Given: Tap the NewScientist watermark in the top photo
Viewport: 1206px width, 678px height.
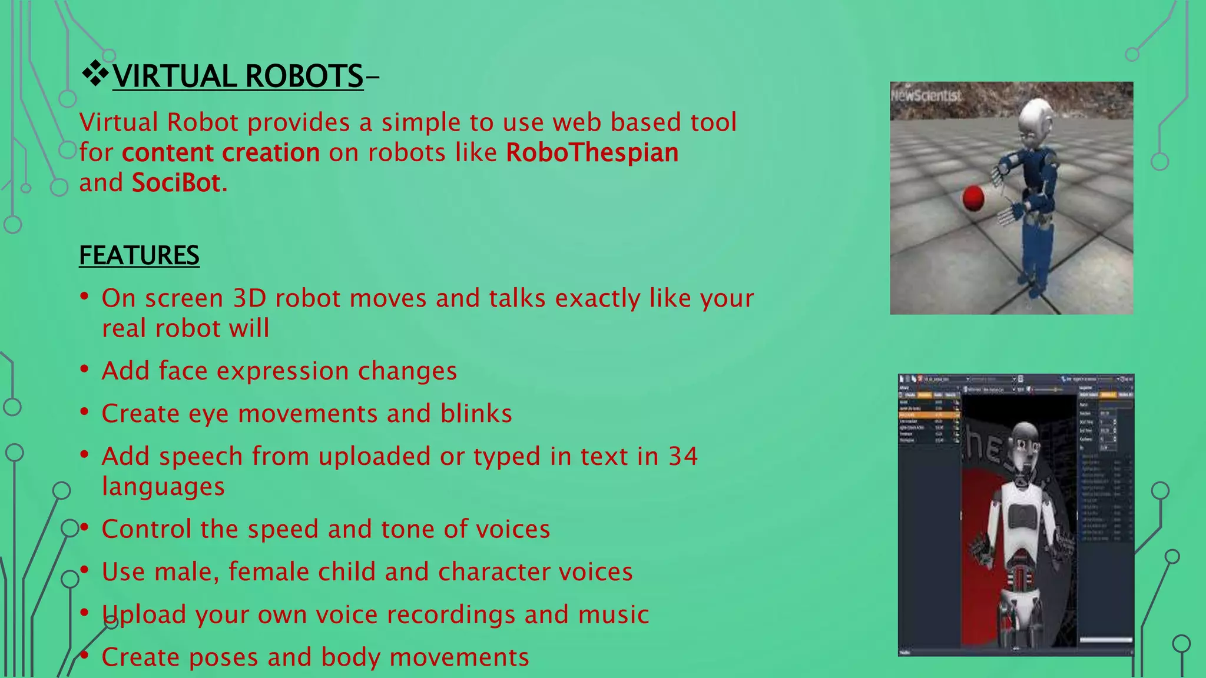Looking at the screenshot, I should [926, 96].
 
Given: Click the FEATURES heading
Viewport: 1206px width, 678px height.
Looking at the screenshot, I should [139, 255].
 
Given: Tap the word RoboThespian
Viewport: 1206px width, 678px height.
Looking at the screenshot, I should [592, 152].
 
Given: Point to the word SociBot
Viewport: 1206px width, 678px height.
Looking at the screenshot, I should [176, 183].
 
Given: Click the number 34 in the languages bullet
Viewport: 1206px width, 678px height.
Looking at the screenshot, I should [682, 456].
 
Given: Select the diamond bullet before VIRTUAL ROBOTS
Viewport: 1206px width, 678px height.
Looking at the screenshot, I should [94, 75].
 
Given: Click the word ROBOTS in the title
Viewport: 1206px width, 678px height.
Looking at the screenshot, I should [304, 77].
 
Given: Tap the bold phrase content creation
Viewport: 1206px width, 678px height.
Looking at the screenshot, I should [221, 152].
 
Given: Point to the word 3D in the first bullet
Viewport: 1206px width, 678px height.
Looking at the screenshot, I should [250, 298].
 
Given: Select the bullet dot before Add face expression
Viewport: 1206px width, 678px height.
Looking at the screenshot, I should [85, 369].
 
